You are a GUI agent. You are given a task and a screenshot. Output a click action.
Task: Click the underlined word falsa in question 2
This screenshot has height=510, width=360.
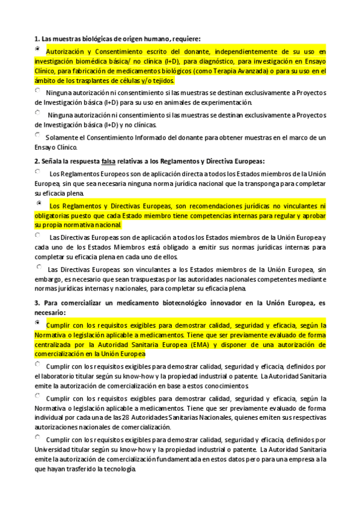click(x=109, y=161)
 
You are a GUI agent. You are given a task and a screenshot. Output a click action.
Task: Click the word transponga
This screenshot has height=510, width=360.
click(x=245, y=182)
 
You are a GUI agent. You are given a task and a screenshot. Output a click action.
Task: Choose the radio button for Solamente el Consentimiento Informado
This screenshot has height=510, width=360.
click(x=38, y=135)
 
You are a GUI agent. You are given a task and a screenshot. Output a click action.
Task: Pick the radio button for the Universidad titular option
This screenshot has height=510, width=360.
click(x=38, y=437)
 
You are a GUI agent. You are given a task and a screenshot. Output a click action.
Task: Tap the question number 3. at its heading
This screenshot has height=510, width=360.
click(x=38, y=301)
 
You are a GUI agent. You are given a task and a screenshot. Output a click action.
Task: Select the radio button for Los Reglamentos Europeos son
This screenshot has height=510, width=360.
click(x=38, y=171)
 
